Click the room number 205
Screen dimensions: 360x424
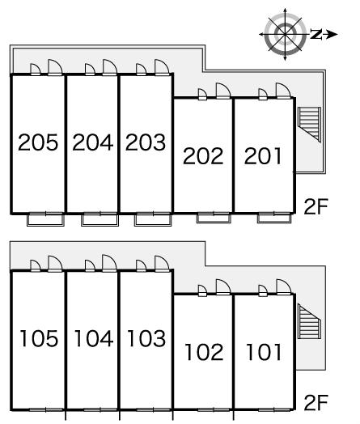click(38, 142)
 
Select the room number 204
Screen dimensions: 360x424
click(93, 142)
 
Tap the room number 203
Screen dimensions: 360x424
click(146, 142)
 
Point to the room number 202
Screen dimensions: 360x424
click(203, 155)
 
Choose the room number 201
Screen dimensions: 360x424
click(263, 155)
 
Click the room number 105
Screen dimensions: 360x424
click(39, 338)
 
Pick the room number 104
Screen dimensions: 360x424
click(94, 338)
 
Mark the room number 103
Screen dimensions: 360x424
click(146, 338)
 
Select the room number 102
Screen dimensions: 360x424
click(205, 352)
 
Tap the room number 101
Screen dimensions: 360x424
click(264, 352)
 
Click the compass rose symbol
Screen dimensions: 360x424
click(286, 34)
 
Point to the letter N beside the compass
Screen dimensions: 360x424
click(316, 34)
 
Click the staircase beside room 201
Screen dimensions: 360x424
click(310, 125)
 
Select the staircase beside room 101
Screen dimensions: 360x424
click(310, 321)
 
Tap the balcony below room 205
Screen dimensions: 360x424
click(45, 219)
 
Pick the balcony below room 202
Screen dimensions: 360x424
click(214, 218)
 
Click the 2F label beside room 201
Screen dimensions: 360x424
click(316, 206)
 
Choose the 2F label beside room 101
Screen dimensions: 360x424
click(316, 403)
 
